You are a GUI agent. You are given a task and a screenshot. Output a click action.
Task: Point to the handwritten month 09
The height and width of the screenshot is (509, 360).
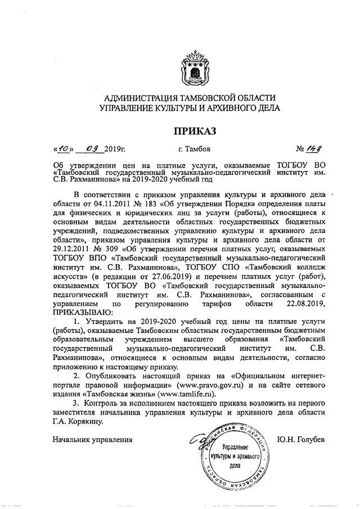pyautogui.click(x=92, y=149)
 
